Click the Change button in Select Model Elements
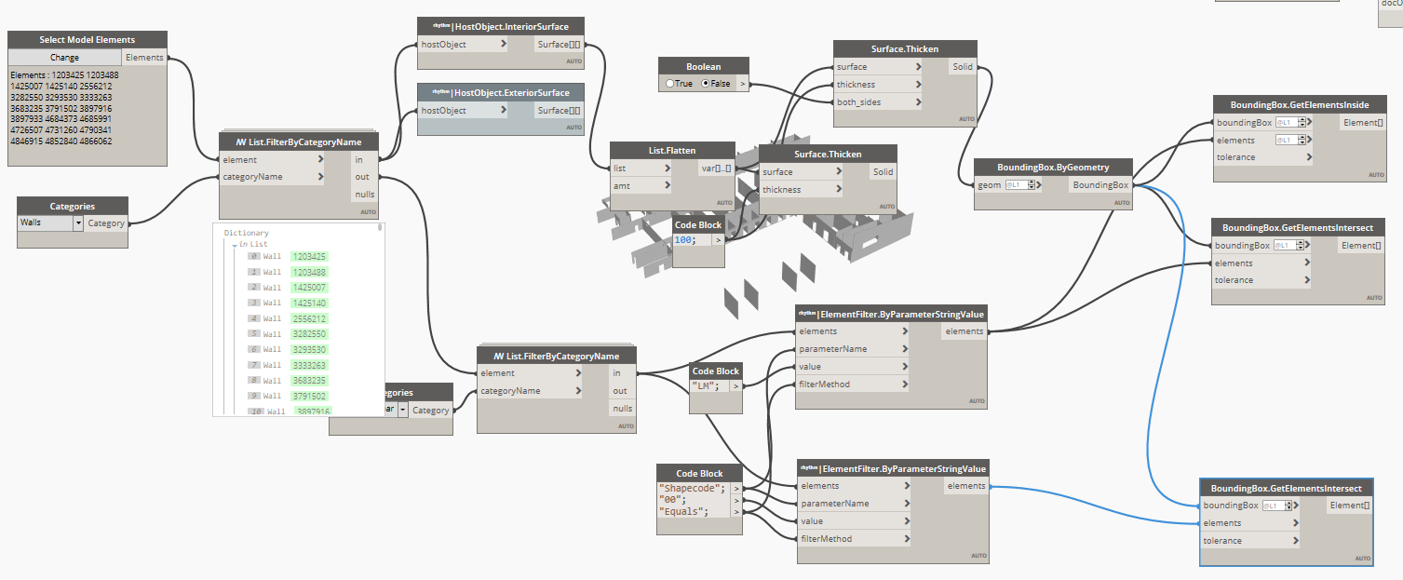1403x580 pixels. (x=64, y=58)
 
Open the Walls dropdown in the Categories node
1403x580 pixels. (x=78, y=223)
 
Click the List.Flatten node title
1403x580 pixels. (x=672, y=150)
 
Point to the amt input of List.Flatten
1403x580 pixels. (x=622, y=186)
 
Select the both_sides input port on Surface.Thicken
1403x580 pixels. (x=859, y=102)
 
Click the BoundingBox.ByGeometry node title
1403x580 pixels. (x=1052, y=167)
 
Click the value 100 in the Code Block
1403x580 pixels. (x=683, y=240)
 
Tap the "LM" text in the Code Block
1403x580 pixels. (x=705, y=385)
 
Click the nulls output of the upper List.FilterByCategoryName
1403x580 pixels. (x=362, y=195)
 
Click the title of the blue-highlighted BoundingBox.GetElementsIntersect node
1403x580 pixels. (x=1285, y=489)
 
